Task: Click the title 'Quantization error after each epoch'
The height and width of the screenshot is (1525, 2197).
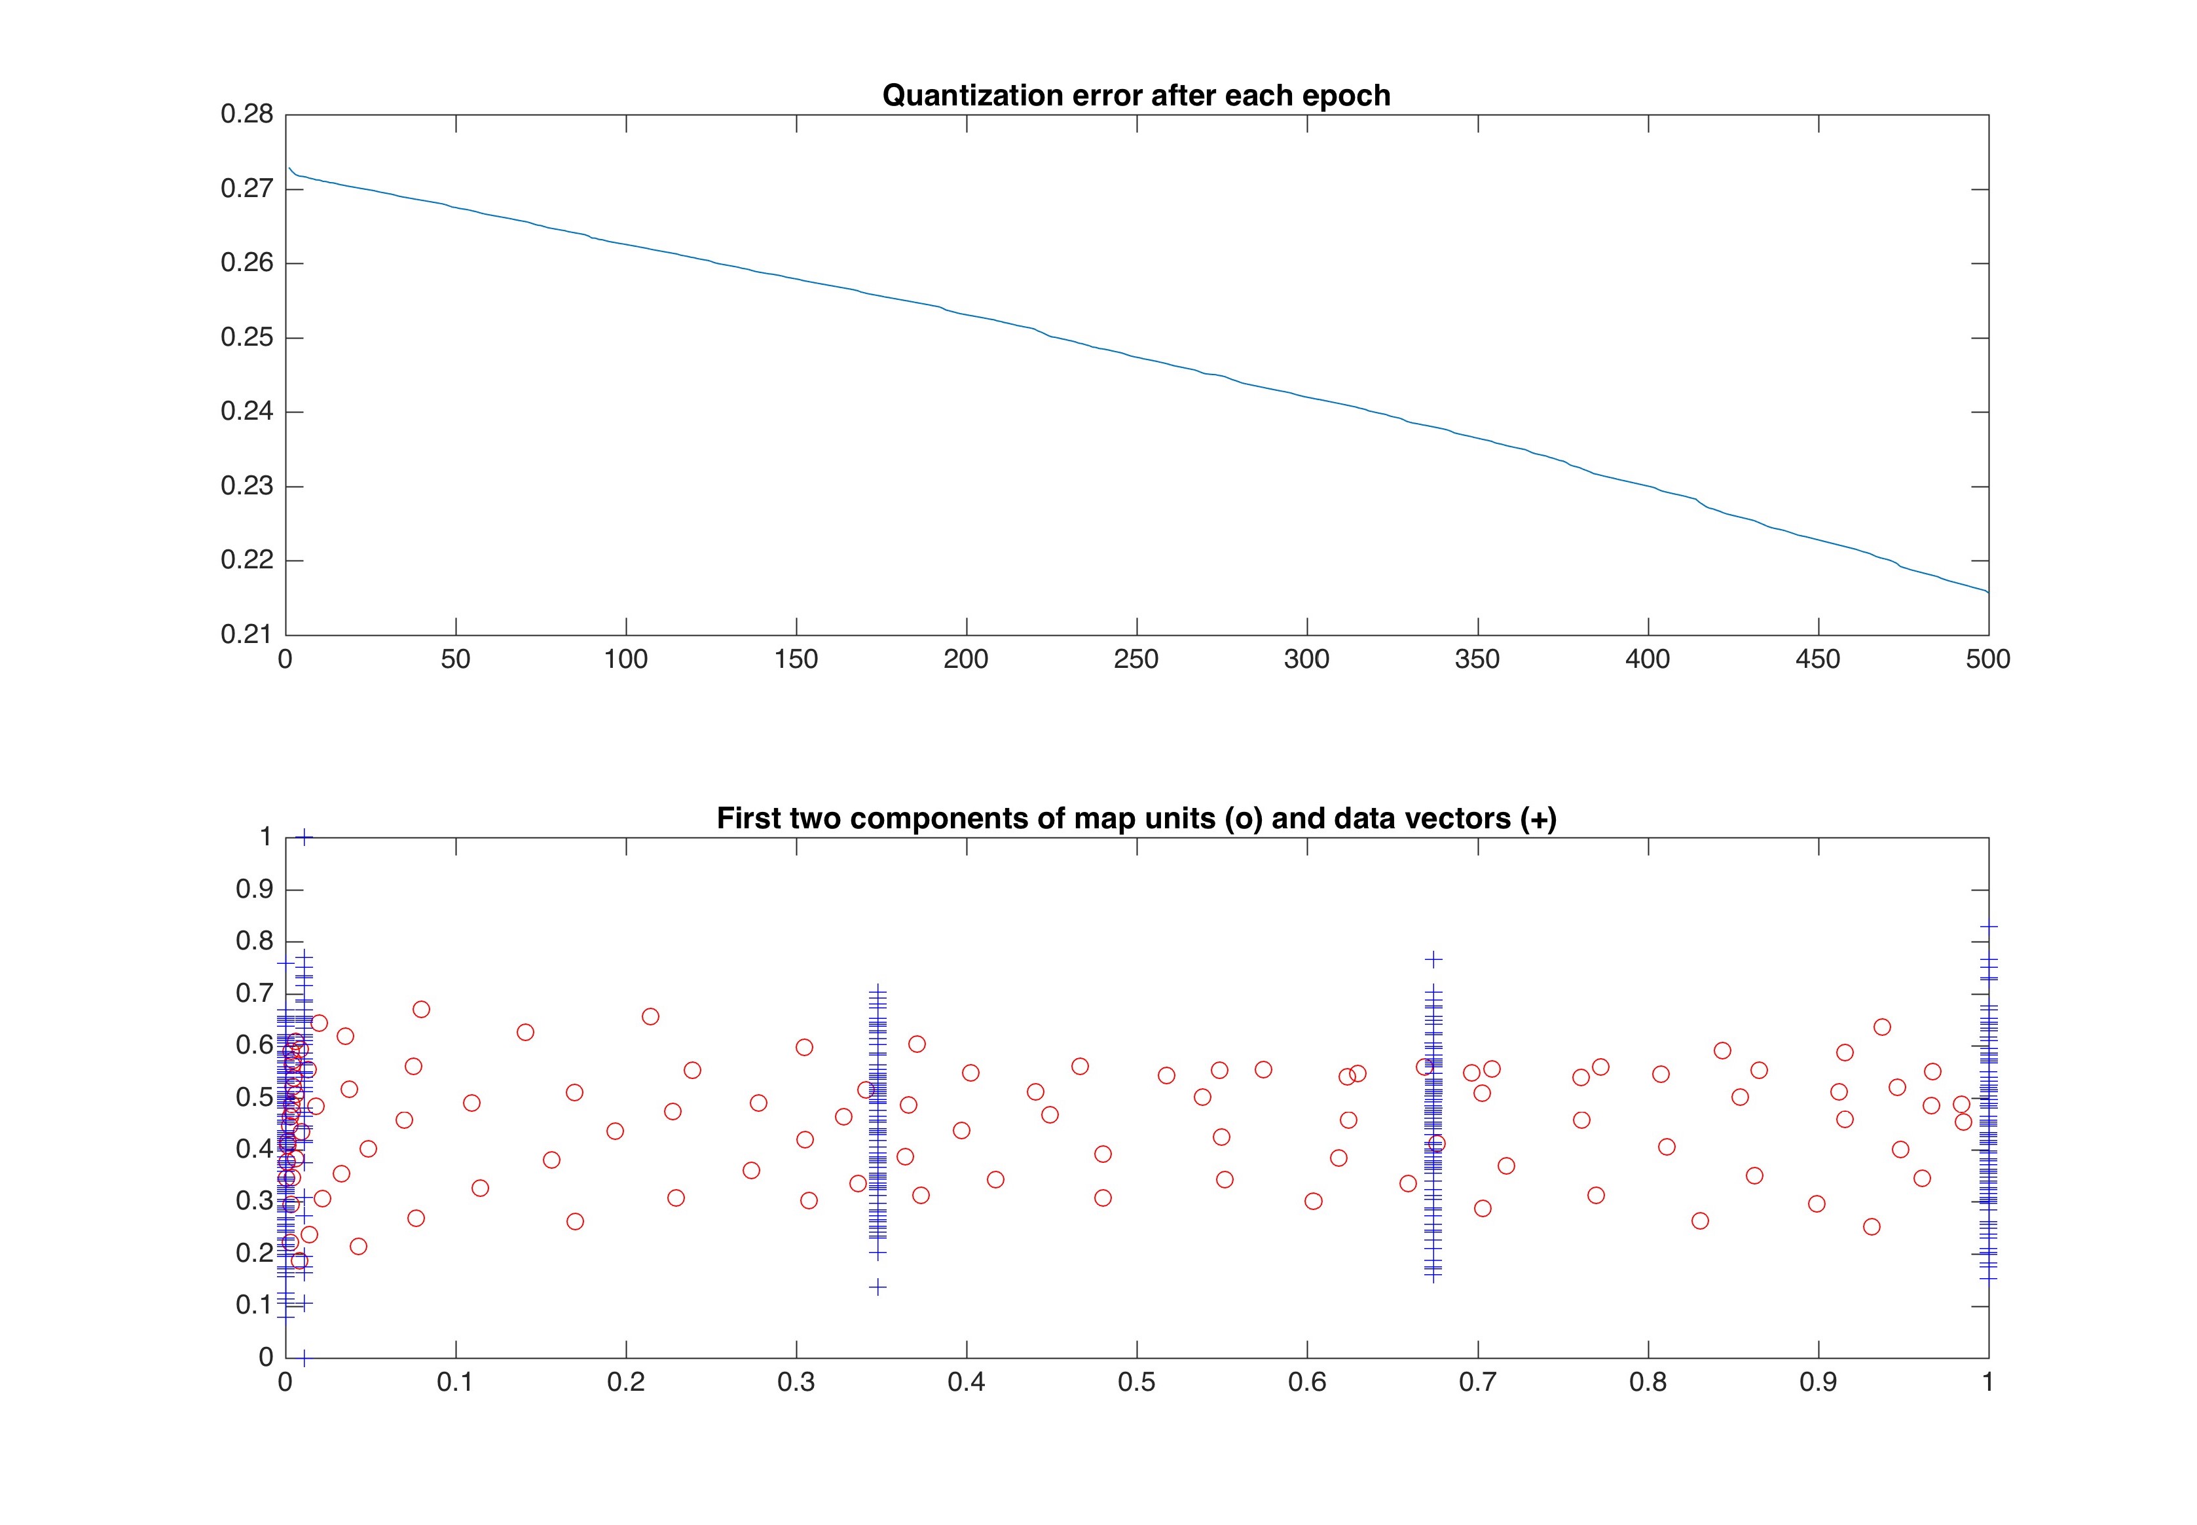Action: click(1135, 96)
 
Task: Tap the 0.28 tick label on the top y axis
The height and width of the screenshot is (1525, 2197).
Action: click(247, 115)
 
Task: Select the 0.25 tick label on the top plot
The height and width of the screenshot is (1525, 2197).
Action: click(247, 337)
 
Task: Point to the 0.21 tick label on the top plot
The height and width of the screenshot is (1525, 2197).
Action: click(247, 634)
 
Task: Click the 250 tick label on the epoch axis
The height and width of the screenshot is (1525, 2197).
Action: click(1136, 659)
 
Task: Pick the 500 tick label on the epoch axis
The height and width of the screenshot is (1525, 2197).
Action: click(1987, 659)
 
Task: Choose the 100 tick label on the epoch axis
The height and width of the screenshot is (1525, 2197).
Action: click(626, 659)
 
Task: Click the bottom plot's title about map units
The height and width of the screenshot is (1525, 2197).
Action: click(1136, 819)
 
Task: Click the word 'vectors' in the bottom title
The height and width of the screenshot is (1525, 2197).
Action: click(1450, 819)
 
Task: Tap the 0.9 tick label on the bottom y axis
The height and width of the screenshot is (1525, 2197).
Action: click(254, 890)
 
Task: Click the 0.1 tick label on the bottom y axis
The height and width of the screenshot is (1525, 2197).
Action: click(254, 1305)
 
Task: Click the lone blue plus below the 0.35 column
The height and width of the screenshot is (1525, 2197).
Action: click(877, 1287)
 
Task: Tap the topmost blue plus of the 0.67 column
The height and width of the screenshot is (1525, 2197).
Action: click(1433, 959)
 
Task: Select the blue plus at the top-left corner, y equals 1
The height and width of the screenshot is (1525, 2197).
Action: click(304, 837)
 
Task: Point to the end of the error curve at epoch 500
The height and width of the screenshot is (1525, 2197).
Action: click(1987, 593)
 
